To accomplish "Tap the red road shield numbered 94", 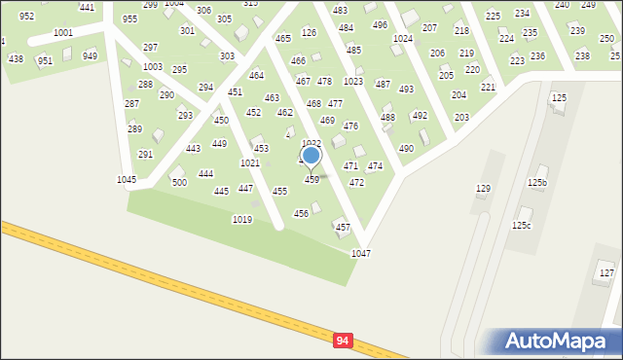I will pyautogui.click(x=342, y=341).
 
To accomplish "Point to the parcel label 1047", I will pyautogui.click(x=361, y=253).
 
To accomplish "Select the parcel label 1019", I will pyautogui.click(x=242, y=220).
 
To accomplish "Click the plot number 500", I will pyautogui.click(x=179, y=183).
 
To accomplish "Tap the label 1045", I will pyautogui.click(x=127, y=180).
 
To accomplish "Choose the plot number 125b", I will pyautogui.click(x=537, y=183).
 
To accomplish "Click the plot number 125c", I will pyautogui.click(x=522, y=226).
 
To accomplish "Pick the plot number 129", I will pyautogui.click(x=483, y=189).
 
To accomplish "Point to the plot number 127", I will pyautogui.click(x=606, y=273).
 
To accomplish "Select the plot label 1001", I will pyautogui.click(x=63, y=33).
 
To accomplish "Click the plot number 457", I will pyautogui.click(x=343, y=228).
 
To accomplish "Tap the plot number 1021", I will pyautogui.click(x=250, y=163).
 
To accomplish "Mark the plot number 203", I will pyautogui.click(x=461, y=118).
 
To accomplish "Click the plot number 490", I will pyautogui.click(x=406, y=149).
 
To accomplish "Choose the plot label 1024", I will pyautogui.click(x=403, y=39).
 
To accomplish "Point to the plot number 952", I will pyautogui.click(x=26, y=17).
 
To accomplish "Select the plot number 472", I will pyautogui.click(x=356, y=183).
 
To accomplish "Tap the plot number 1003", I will pyautogui.click(x=153, y=67).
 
